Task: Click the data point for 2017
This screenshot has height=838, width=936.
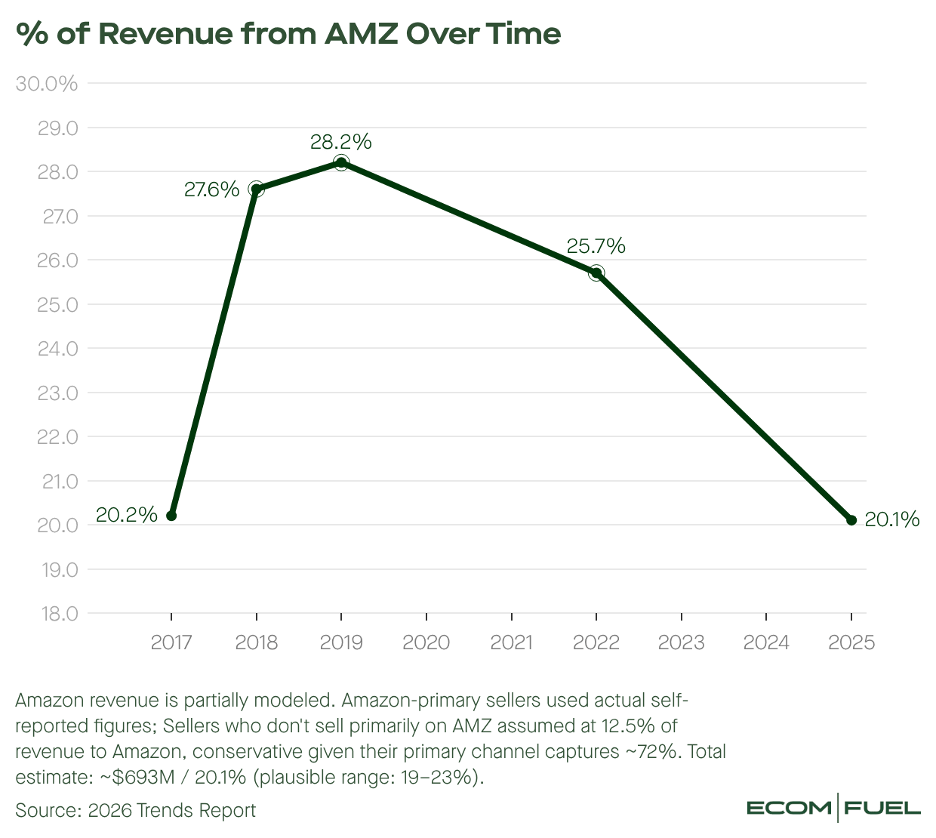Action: tap(171, 516)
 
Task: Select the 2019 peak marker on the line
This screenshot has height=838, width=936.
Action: tap(341, 162)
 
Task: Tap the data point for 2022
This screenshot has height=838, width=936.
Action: tap(596, 273)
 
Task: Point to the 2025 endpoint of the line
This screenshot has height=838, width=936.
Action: tap(851, 520)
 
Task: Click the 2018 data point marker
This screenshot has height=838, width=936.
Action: tap(256, 189)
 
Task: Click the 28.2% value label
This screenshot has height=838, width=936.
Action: tap(341, 142)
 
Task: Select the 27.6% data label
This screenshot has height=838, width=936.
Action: tap(211, 189)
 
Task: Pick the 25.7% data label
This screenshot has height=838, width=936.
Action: tap(596, 246)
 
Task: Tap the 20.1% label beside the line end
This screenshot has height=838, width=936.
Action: tap(891, 520)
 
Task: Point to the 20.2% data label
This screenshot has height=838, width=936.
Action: tap(127, 515)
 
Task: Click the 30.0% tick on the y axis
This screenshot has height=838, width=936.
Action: tap(47, 84)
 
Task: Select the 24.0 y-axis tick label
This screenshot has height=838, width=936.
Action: tap(58, 349)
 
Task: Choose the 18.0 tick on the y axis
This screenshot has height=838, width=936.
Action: tap(60, 614)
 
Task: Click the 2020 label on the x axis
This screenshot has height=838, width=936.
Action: tap(426, 642)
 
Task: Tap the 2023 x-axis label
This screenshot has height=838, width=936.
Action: tap(681, 642)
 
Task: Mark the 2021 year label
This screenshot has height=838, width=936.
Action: tap(511, 642)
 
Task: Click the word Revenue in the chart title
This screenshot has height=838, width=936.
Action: tap(166, 34)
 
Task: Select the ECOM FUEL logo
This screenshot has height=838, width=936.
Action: tap(833, 808)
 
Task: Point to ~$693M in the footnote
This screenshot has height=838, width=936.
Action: tap(137, 777)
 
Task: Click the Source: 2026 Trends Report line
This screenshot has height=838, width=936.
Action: tap(135, 810)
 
